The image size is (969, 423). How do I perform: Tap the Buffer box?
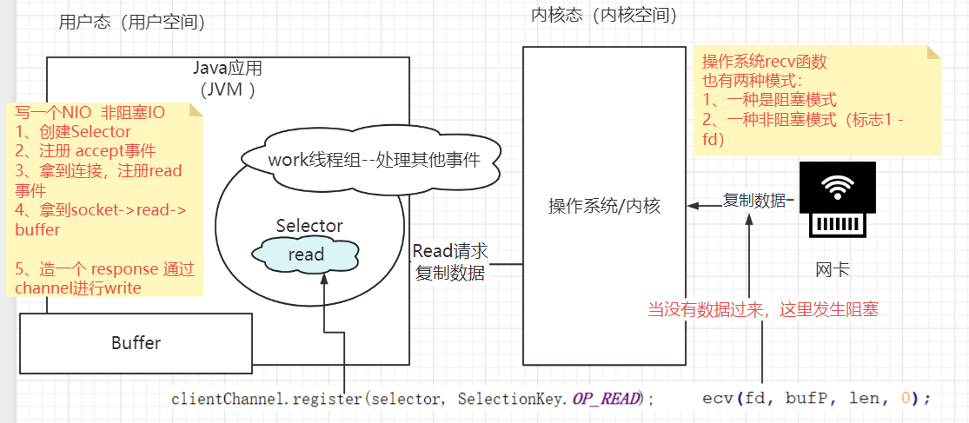tap(136, 343)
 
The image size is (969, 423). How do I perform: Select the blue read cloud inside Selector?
tap(306, 254)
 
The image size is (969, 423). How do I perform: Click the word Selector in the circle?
tap(309, 225)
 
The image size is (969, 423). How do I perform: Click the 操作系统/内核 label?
tap(604, 206)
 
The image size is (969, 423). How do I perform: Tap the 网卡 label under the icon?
tap(833, 270)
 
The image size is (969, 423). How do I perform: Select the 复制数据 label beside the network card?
tap(754, 200)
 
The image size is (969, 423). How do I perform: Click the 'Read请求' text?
tap(450, 251)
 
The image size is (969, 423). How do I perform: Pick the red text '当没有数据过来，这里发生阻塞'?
tap(763, 309)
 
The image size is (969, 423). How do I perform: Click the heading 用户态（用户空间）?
tap(131, 23)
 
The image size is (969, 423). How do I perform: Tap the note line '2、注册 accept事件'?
tap(85, 151)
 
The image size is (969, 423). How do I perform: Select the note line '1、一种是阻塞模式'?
tap(770, 99)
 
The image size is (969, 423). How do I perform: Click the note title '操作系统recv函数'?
tap(765, 62)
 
